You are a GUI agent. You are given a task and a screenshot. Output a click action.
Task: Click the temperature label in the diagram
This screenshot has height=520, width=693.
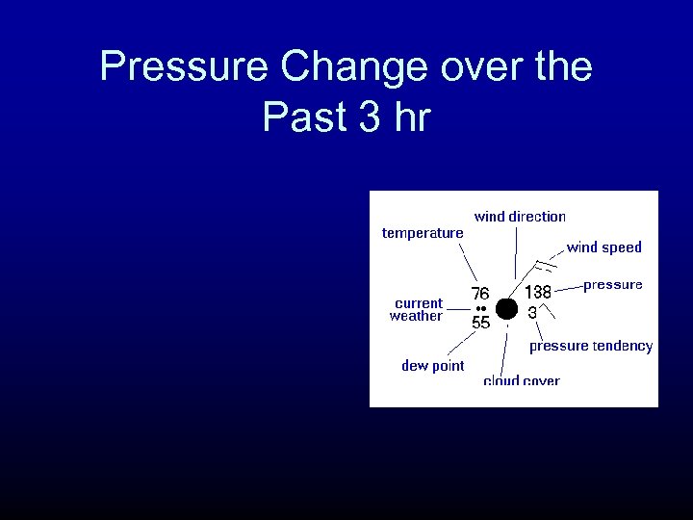423,233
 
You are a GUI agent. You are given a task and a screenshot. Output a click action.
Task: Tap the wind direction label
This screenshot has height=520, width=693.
520,217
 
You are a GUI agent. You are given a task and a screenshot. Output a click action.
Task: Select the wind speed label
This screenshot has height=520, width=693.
603,247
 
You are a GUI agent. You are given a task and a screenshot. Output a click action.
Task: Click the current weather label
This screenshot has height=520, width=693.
417,309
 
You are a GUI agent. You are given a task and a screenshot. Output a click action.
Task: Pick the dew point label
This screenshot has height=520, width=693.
432,366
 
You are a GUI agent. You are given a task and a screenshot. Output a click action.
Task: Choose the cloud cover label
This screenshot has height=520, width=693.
521,380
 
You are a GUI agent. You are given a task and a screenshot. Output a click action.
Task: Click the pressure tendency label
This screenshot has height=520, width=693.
590,346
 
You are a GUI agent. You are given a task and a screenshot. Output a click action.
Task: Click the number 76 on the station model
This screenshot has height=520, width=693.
479,293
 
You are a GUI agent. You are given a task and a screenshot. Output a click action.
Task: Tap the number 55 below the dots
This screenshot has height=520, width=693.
480,324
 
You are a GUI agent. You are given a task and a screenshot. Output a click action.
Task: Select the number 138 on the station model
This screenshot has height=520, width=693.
537,292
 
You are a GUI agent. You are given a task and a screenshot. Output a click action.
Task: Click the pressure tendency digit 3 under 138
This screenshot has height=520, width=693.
532,312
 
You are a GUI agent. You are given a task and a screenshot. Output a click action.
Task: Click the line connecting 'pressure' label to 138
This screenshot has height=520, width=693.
569,286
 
